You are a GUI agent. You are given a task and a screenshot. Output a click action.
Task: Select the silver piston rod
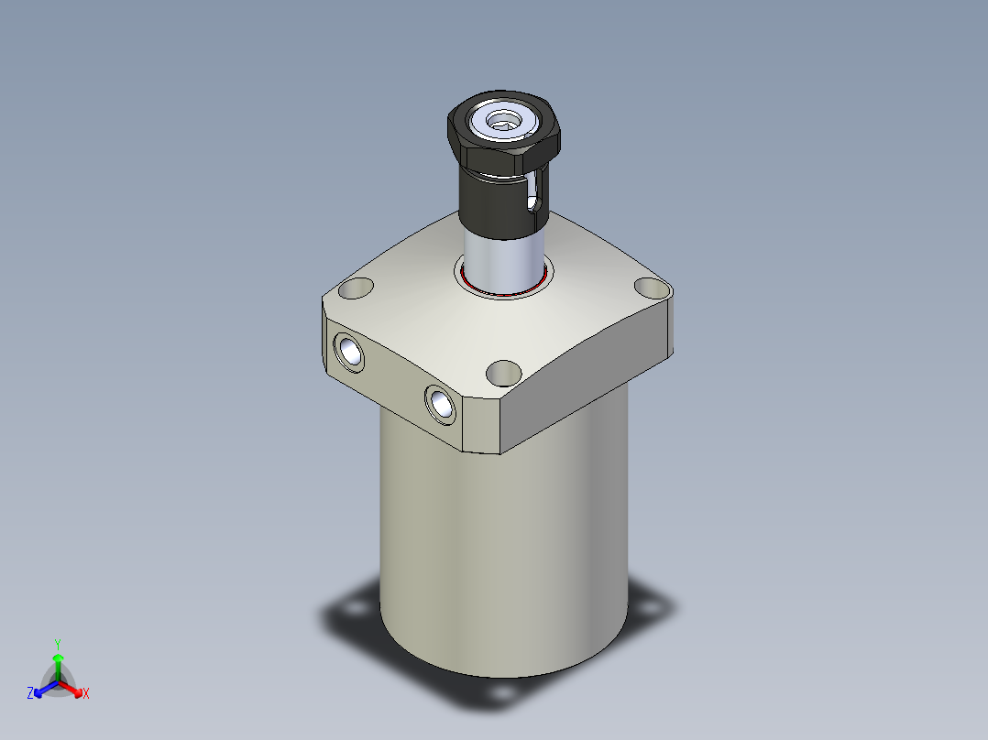click(x=504, y=261)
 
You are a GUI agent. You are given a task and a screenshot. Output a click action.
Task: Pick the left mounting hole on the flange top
click(x=356, y=288)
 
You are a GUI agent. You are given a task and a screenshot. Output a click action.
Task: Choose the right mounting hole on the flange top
click(x=652, y=288)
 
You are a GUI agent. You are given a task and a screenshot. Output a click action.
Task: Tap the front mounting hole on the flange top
click(x=504, y=374)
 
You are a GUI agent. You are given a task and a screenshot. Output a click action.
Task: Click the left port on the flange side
click(x=349, y=353)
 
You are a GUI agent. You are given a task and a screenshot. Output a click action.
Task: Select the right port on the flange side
click(x=440, y=404)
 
